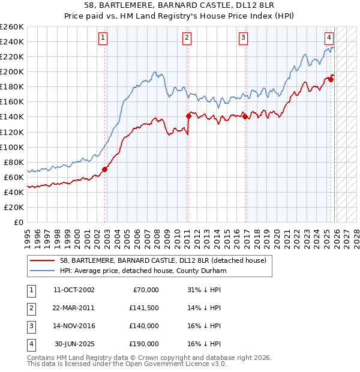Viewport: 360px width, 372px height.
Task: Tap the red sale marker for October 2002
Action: (x=104, y=169)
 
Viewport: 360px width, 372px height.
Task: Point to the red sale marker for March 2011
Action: (x=188, y=115)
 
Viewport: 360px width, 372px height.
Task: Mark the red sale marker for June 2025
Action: (x=331, y=79)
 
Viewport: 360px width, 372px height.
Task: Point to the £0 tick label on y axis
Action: (x=19, y=222)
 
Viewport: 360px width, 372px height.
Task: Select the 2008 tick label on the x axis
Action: (x=157, y=235)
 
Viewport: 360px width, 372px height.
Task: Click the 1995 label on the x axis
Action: (x=27, y=235)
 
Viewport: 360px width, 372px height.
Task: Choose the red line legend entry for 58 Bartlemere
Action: (x=150, y=260)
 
